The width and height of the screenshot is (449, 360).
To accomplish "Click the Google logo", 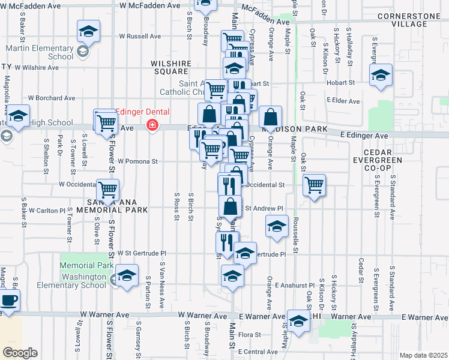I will [x=20, y=352].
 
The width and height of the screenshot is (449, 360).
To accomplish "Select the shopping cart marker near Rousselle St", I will [x=314, y=185].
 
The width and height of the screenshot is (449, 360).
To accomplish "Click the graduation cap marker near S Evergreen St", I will [x=381, y=76].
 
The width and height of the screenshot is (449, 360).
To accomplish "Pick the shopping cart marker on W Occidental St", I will [x=108, y=190].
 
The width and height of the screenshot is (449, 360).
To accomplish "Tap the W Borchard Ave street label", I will [x=53, y=98].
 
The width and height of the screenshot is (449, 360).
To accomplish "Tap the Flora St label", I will [x=250, y=335].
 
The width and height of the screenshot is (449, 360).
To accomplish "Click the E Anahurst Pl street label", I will [x=294, y=286].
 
